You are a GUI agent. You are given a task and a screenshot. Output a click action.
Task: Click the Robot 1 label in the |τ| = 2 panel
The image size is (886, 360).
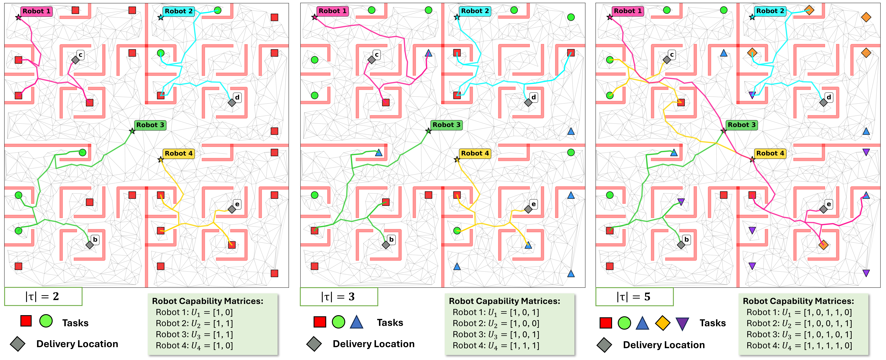[x=36, y=11]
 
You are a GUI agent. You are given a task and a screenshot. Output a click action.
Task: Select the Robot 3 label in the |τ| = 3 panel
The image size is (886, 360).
[x=446, y=125]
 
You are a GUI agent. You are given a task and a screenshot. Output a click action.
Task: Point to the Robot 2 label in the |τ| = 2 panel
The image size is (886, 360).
[x=179, y=11]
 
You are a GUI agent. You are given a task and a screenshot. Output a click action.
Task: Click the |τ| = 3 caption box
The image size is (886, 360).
[x=339, y=296]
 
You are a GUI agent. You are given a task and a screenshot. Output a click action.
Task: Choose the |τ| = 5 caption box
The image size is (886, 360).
[x=634, y=296]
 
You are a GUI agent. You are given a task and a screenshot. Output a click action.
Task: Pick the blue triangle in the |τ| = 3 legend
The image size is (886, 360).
[x=357, y=322]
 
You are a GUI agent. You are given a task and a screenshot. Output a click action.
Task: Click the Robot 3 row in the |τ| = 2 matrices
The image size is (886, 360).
[x=194, y=335]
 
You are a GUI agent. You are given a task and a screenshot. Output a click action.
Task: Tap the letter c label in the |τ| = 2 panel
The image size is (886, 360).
[x=81, y=55]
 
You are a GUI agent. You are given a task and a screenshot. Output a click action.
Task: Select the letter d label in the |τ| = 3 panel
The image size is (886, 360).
[x=533, y=97]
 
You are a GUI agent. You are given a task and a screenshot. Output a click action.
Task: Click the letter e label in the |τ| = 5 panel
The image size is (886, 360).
[x=829, y=204]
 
